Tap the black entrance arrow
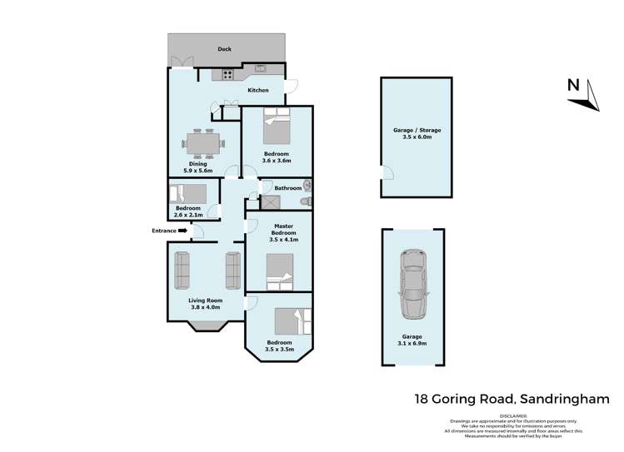pyautogui.click(x=183, y=231)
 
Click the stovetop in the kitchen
pyautogui.click(x=227, y=75)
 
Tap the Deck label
pyautogui.click(x=224, y=49)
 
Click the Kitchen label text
pyautogui.click(x=258, y=90)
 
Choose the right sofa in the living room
pyautogui.click(x=233, y=269)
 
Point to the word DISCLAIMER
pyautogui.click(x=515, y=414)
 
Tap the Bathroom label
pyautogui.click(x=287, y=188)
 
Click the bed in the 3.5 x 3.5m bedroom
pyautogui.click(x=294, y=321)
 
